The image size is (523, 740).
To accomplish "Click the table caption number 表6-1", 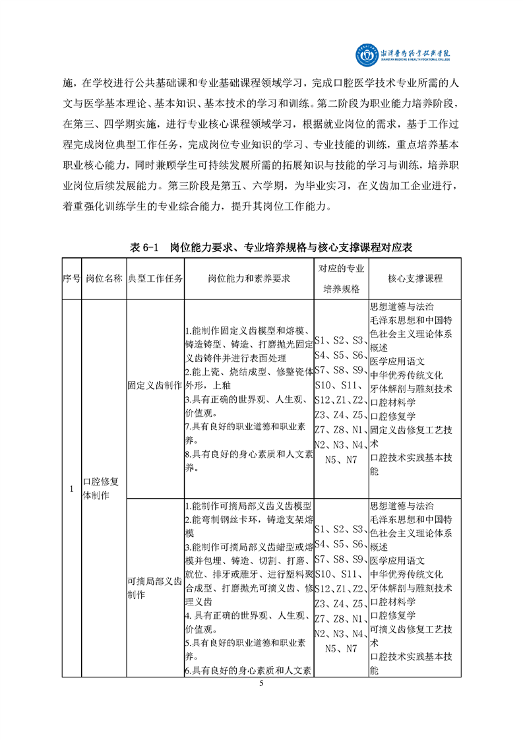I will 144,247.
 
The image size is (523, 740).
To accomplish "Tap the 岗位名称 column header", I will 104,279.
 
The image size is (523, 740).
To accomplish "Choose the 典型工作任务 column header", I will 155,279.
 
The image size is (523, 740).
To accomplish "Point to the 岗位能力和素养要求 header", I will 249,279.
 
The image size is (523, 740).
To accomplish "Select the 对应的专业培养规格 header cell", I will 341,279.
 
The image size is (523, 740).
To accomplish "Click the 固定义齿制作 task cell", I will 155,386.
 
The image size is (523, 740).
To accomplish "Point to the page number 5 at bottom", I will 261,683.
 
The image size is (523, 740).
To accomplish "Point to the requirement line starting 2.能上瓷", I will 249,372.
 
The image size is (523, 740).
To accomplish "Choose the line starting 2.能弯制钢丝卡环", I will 249,520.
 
